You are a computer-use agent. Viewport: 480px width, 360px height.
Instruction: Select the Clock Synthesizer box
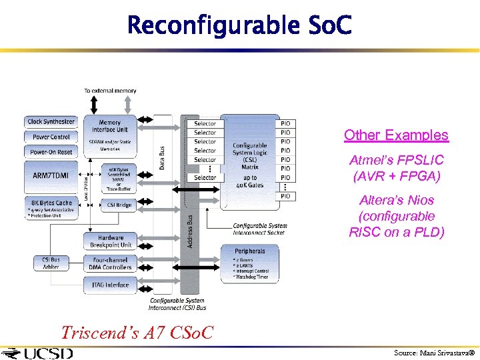click(51, 122)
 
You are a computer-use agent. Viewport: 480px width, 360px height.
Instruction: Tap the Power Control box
click(51, 137)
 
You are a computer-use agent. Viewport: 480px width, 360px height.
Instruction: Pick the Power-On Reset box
click(51, 152)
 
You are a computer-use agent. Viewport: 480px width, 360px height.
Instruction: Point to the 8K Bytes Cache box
click(51, 203)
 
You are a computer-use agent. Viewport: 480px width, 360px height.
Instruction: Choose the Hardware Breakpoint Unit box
click(111, 241)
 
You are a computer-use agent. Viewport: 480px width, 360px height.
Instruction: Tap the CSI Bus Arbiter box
click(51, 263)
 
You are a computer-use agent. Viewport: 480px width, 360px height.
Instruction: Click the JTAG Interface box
click(111, 285)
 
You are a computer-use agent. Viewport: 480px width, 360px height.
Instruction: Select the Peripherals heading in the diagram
click(249, 251)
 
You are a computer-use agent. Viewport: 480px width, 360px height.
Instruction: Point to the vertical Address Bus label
click(190, 231)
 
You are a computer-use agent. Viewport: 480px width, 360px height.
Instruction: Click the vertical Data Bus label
click(162, 158)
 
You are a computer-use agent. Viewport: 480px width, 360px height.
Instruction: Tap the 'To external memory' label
click(110, 91)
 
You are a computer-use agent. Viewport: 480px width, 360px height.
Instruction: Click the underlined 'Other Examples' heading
click(396, 135)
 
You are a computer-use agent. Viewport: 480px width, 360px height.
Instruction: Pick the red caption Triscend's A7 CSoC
click(137, 332)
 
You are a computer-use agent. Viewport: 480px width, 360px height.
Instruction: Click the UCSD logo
click(39, 353)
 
